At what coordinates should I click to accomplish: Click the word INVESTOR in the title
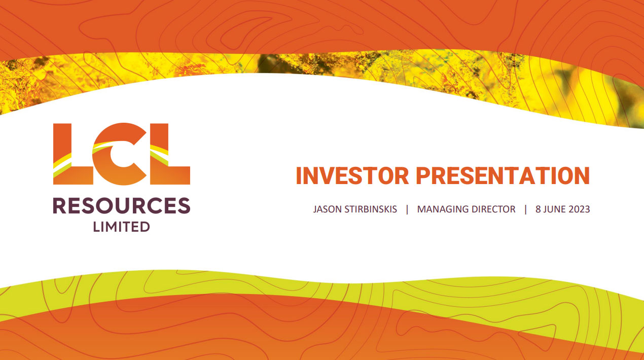coord(352,175)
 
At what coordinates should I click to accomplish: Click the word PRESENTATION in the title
coord(503,175)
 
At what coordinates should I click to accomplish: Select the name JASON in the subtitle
coord(327,209)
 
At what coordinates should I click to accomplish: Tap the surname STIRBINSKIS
coord(371,209)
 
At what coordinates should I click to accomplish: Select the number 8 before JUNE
coord(538,209)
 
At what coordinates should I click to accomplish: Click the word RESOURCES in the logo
coord(122,205)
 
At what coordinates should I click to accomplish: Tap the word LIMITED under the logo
coord(121,227)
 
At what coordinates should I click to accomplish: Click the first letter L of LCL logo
coord(73,154)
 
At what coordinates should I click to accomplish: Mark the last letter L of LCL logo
coord(170,154)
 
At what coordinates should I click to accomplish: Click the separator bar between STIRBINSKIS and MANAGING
coord(407,209)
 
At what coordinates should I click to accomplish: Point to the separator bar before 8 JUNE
coord(525,209)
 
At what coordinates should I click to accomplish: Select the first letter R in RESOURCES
coord(59,205)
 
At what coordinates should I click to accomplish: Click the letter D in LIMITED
coord(145,227)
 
